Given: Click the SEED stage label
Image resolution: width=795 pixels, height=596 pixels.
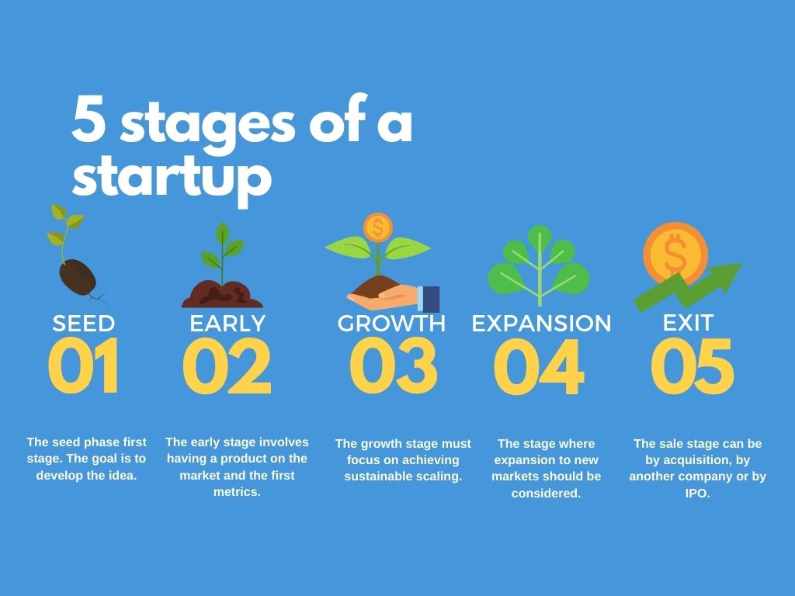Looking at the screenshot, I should tap(84, 323).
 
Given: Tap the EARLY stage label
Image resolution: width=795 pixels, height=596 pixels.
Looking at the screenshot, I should tap(227, 323).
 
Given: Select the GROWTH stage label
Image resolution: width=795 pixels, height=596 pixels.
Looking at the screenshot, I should tap(391, 323).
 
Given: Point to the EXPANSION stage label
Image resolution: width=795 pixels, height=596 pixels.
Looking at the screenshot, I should tap(541, 324).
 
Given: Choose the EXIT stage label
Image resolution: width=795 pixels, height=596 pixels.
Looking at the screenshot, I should tap(688, 322).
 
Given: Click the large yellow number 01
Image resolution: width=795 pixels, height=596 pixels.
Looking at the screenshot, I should tap(84, 366).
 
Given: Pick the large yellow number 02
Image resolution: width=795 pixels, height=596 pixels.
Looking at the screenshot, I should tap(227, 366).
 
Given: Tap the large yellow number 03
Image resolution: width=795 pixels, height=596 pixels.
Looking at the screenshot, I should tap(392, 366).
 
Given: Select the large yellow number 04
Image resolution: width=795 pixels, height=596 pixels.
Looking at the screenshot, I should tap(538, 367).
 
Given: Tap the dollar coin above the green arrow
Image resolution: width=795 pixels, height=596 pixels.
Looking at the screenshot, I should tap(675, 253).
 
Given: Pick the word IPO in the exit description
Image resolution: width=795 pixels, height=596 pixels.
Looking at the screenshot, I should tap(697, 493).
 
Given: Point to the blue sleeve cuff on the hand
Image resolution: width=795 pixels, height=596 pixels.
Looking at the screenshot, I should tap(429, 299).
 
